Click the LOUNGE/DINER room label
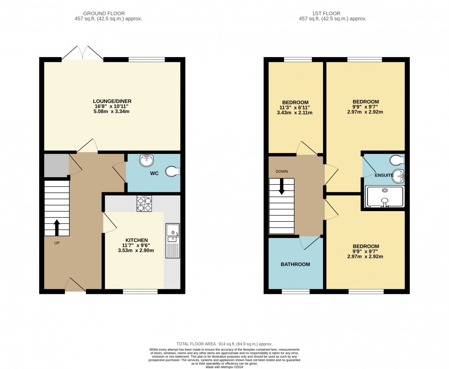point(112,101)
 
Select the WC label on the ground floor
point(154,173)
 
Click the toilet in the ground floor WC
point(173,172)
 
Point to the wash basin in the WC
point(146,161)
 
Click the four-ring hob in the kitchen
point(144,204)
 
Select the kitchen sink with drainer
point(172,240)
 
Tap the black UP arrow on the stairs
point(57,227)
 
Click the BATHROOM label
point(295,264)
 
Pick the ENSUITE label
point(384,175)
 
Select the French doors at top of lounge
point(82,53)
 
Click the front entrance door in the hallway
point(75,286)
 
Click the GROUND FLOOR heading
point(108,14)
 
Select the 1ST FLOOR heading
point(332,14)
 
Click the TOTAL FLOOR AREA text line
point(224,344)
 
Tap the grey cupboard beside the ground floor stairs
point(56,165)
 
